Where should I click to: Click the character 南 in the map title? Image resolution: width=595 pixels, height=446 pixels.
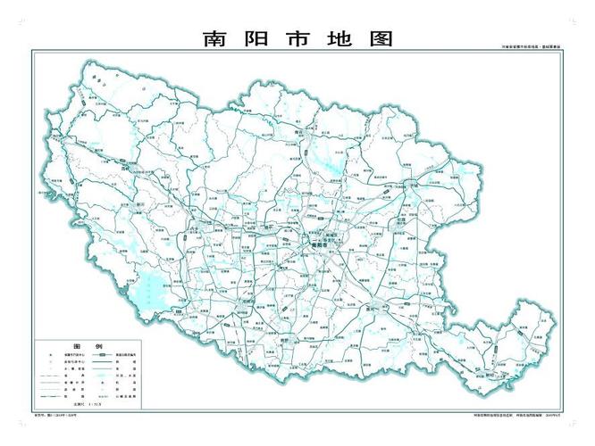(213, 39)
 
